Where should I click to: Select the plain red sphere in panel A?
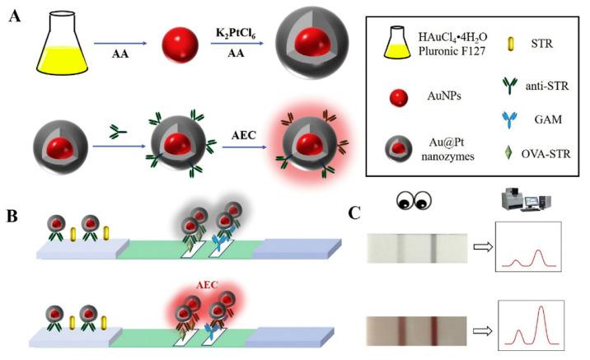pyautogui.click(x=177, y=42)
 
